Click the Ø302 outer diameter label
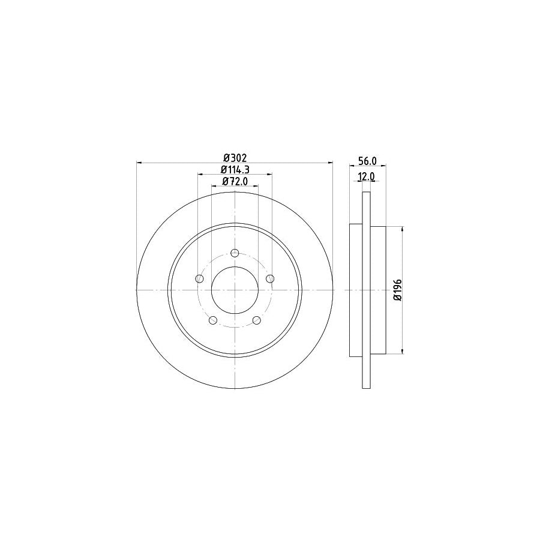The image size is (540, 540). (x=235, y=157)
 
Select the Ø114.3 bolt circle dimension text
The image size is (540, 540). (x=235, y=169)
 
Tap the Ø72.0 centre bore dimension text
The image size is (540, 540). (x=235, y=181)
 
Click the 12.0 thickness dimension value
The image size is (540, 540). (x=366, y=176)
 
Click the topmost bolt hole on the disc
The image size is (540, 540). (x=235, y=252)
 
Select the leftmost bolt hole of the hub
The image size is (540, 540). (x=199, y=278)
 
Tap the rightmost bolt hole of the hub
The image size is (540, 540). (x=270, y=278)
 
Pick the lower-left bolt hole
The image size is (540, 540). (x=212, y=320)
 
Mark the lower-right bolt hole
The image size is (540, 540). (x=257, y=320)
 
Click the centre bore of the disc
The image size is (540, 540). (x=235, y=289)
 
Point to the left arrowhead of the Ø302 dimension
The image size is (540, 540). (x=140, y=163)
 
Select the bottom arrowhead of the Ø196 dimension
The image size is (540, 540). (x=401, y=352)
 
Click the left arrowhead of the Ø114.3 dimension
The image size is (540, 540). (x=200, y=175)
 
